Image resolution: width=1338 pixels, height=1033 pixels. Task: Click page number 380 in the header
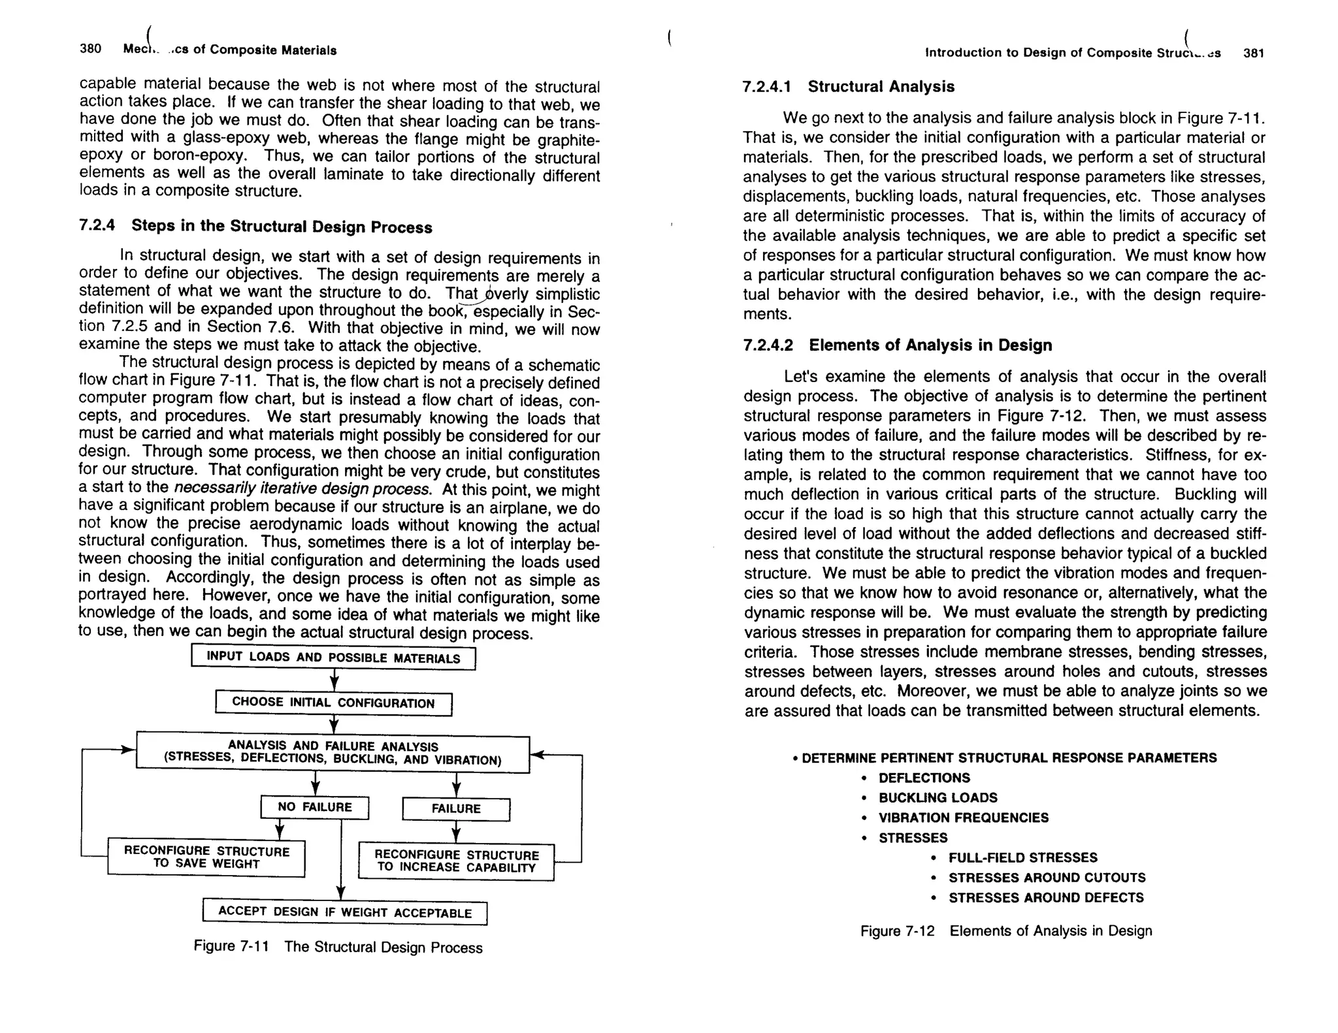coord(90,49)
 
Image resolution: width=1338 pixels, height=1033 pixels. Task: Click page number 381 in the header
coord(1254,53)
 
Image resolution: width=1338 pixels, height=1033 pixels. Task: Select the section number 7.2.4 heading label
coord(97,225)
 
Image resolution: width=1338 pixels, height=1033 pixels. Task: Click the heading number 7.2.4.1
coord(767,86)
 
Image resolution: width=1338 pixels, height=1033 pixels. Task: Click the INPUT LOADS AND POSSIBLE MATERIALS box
coord(333,658)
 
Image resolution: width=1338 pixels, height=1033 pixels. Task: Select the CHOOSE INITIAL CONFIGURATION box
coord(333,703)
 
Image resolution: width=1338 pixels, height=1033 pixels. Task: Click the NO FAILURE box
coord(314,807)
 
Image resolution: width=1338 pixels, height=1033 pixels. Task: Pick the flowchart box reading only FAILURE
coord(456,809)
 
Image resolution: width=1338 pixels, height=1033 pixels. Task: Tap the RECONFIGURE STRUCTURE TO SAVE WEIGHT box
coord(206,857)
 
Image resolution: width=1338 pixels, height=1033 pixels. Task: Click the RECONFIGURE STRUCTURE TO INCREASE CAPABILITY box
coord(456,861)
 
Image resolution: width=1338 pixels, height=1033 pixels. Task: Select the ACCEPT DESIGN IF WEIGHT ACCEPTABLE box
coord(345,912)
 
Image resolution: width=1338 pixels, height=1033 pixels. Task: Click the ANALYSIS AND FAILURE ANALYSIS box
coord(333,753)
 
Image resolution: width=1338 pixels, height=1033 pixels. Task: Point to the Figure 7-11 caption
coord(338,947)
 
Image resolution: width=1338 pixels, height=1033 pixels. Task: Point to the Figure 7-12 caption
coord(1006,930)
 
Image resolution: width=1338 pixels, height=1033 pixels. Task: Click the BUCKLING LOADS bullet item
coord(938,798)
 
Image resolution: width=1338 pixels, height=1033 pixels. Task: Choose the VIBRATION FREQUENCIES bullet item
coord(963,818)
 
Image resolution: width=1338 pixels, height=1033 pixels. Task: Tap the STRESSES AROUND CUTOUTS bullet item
coord(1047,878)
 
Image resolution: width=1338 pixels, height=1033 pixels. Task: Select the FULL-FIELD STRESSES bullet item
coord(1022,857)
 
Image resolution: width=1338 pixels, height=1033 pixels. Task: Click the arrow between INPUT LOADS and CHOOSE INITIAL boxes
coord(334,681)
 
